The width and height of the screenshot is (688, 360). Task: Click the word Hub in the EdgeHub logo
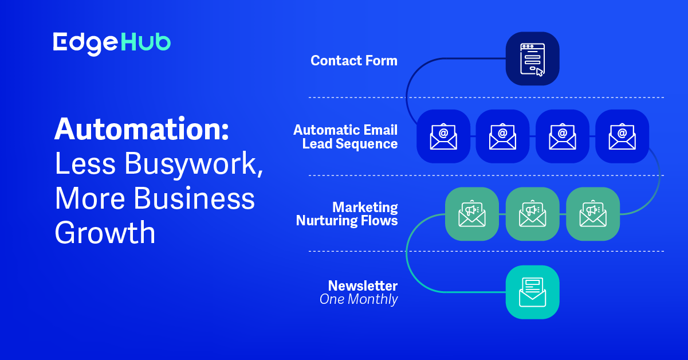coord(146,42)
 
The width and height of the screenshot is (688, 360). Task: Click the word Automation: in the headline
coord(141,130)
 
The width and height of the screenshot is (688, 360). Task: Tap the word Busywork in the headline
coord(193,164)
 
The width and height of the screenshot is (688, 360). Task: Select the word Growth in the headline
coord(105,233)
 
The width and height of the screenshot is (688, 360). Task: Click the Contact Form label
coord(354,61)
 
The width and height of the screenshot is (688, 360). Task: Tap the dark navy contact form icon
coord(532,58)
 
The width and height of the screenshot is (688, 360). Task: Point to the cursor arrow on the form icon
coord(540,72)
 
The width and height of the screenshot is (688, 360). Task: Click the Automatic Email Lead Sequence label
coord(345,137)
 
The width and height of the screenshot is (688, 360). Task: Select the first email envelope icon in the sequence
coord(443,136)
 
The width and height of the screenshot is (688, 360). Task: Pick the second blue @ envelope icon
coord(502,136)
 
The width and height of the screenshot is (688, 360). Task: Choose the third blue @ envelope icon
coord(563,136)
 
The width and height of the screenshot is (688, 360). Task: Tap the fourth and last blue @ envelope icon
coord(622,136)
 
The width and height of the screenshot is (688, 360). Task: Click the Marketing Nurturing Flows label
coord(347,214)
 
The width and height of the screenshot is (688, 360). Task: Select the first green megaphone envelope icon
coord(472,214)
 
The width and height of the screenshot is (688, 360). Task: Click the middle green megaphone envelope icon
coord(532,214)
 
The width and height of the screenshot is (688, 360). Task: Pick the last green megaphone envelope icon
coord(593,214)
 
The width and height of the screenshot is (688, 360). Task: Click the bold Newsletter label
coord(363,286)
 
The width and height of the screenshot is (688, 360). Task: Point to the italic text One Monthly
coord(359,299)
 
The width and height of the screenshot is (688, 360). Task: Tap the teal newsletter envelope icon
coord(532,292)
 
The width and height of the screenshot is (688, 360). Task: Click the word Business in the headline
coord(194,198)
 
